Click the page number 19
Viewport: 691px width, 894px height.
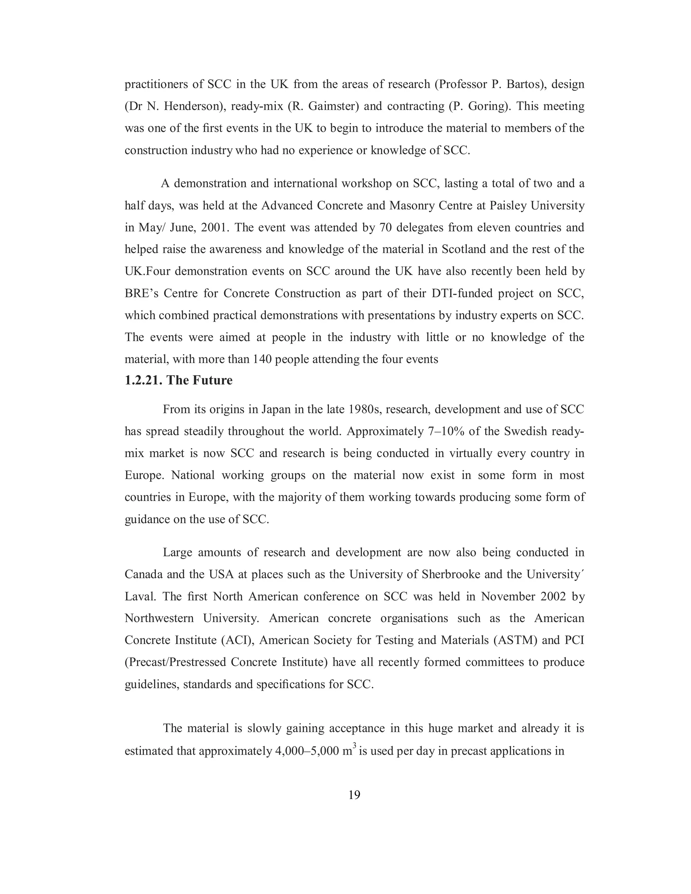[x=354, y=795]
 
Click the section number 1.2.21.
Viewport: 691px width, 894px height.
[x=143, y=380]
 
